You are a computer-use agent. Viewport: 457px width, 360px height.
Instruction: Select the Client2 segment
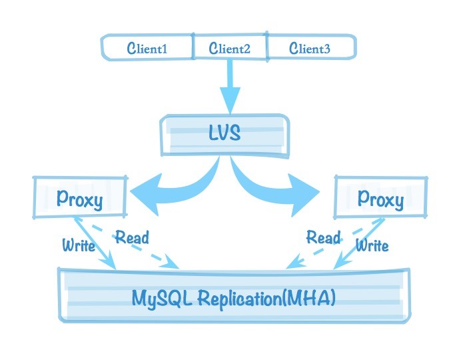click(x=229, y=48)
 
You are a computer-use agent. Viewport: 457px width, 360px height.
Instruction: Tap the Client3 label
click(x=309, y=48)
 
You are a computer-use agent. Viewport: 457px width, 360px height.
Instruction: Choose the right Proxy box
click(x=380, y=199)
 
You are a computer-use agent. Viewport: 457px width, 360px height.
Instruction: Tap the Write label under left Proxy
click(x=79, y=245)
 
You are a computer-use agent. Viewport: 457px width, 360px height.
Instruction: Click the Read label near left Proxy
click(x=132, y=237)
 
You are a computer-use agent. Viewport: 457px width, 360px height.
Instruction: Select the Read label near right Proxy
click(x=324, y=237)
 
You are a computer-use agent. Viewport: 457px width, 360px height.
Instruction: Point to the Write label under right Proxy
click(x=372, y=246)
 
